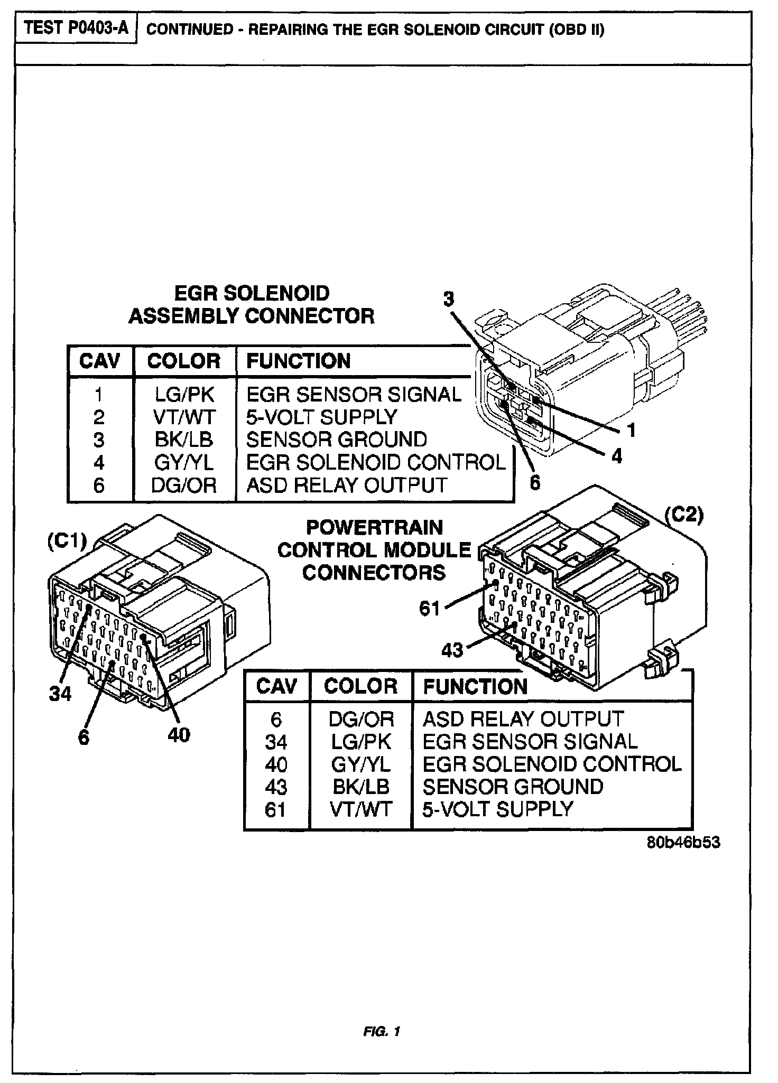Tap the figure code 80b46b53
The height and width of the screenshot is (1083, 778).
tap(683, 842)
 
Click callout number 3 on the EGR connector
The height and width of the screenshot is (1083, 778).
tap(448, 299)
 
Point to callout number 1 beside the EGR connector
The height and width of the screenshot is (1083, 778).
tap(631, 430)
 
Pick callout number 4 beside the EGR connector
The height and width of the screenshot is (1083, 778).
tap(616, 456)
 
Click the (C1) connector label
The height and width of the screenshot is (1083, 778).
tap(67, 542)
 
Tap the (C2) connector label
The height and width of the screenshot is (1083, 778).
tap(684, 515)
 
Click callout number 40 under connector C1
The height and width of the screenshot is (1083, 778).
tap(179, 734)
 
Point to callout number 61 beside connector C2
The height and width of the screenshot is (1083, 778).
tap(430, 609)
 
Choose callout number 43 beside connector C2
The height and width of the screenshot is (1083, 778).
tap(452, 650)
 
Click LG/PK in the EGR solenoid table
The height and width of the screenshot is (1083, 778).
tap(184, 395)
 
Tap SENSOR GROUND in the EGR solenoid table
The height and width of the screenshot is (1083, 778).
tap(337, 440)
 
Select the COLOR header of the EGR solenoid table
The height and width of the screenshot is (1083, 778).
tap(184, 361)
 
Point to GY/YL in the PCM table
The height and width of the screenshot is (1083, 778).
tap(361, 764)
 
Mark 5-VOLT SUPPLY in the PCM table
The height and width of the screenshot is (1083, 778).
tap(497, 809)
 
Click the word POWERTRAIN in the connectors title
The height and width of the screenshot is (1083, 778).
tap(374, 527)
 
